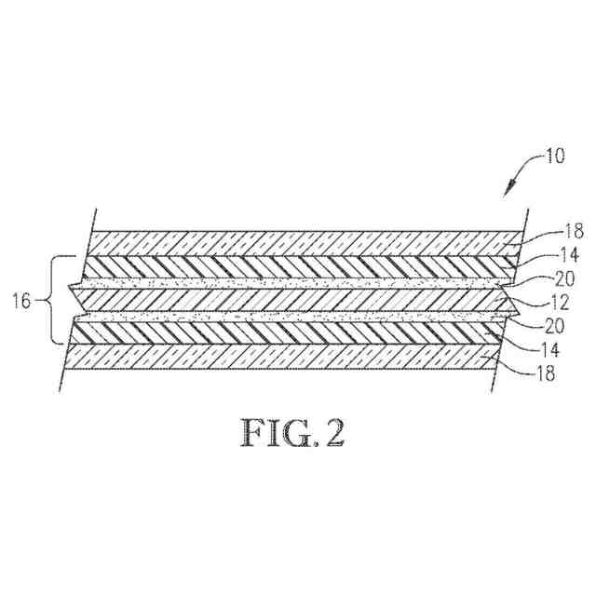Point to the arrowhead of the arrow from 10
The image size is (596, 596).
(x=508, y=192)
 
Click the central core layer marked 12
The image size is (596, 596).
(x=293, y=300)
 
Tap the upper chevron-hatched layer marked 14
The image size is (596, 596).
(x=296, y=265)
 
